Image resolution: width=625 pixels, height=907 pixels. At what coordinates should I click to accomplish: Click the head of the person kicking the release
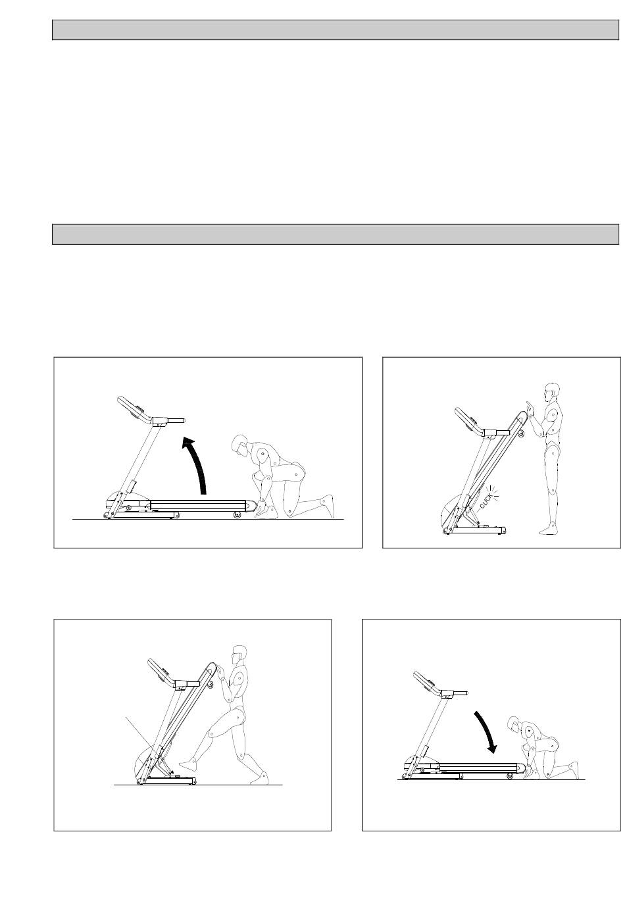pyautogui.click(x=240, y=657)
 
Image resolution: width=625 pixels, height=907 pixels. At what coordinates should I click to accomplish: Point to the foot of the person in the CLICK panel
pyautogui.click(x=547, y=528)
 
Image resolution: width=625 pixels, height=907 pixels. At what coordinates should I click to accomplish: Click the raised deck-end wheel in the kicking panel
pyautogui.click(x=210, y=684)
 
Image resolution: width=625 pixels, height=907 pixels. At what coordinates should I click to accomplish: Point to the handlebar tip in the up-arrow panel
pyautogui.click(x=184, y=420)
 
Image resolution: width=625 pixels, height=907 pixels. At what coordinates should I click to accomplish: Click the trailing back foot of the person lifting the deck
pyautogui.click(x=327, y=506)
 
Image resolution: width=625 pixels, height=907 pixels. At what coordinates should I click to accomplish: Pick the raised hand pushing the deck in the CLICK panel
pyautogui.click(x=530, y=407)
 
